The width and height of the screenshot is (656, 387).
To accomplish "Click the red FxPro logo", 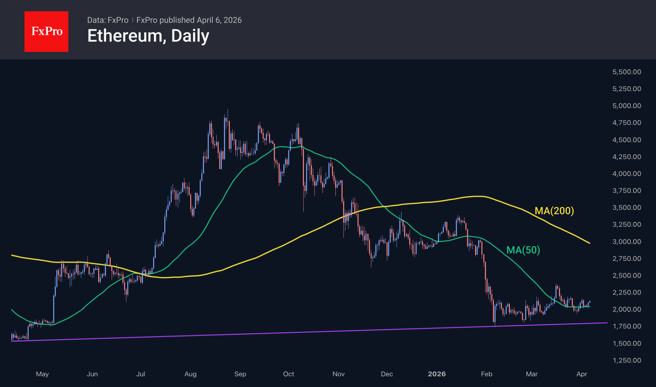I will tap(46, 31).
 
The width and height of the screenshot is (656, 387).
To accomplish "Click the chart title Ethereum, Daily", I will tap(148, 36).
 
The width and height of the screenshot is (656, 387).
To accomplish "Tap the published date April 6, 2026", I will tap(219, 20).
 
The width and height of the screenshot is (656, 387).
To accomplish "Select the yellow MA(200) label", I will tap(554, 211).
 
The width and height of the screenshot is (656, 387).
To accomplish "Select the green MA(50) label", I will tap(523, 250).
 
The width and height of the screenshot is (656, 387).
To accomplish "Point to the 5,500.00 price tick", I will tap(627, 72).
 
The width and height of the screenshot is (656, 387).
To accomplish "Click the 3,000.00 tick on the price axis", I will tap(627, 241).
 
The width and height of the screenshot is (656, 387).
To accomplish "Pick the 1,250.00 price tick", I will tap(627, 360).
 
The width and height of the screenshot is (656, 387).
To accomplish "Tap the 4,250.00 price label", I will tap(627, 157).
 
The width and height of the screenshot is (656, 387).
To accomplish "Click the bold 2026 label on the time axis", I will tap(437, 374).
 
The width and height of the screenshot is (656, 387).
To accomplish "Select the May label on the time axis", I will tap(42, 374).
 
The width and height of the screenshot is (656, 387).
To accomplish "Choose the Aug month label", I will tap(190, 374).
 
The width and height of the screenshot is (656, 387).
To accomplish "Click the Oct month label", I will tap(288, 374).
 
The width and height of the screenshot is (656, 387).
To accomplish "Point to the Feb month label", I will tap(487, 374).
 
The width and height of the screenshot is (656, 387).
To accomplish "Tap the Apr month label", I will tap(582, 374).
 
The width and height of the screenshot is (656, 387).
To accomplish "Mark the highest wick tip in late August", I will tap(228, 110).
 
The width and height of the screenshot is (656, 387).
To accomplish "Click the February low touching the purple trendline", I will tap(495, 326).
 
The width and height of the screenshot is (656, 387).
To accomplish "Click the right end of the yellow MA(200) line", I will tap(590, 243).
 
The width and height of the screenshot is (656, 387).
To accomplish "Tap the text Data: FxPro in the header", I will tap(108, 20).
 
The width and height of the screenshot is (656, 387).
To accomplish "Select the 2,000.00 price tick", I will tap(627, 309).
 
